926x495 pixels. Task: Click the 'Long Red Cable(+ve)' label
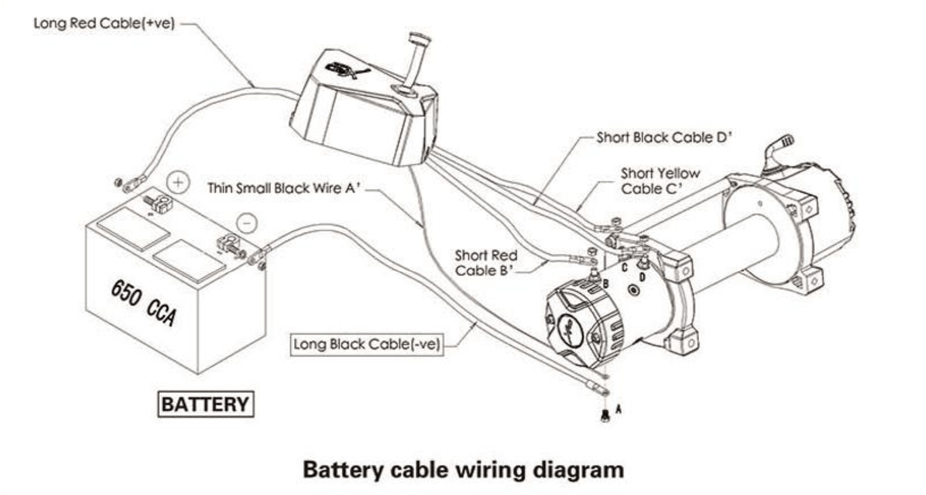coord(104,23)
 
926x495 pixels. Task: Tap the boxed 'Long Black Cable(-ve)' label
coord(366,344)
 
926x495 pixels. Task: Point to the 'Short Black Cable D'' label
coord(664,138)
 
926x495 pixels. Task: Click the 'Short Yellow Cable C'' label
coord(660,181)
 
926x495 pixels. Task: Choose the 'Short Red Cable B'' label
coord(486,263)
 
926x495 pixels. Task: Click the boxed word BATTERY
coord(205,404)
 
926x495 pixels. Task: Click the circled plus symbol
coord(178,183)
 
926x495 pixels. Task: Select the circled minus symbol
coord(247,223)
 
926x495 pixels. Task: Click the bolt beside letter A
coord(605,416)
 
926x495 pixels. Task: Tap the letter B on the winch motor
coord(606,284)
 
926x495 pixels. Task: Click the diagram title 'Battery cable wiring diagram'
coord(463,470)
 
